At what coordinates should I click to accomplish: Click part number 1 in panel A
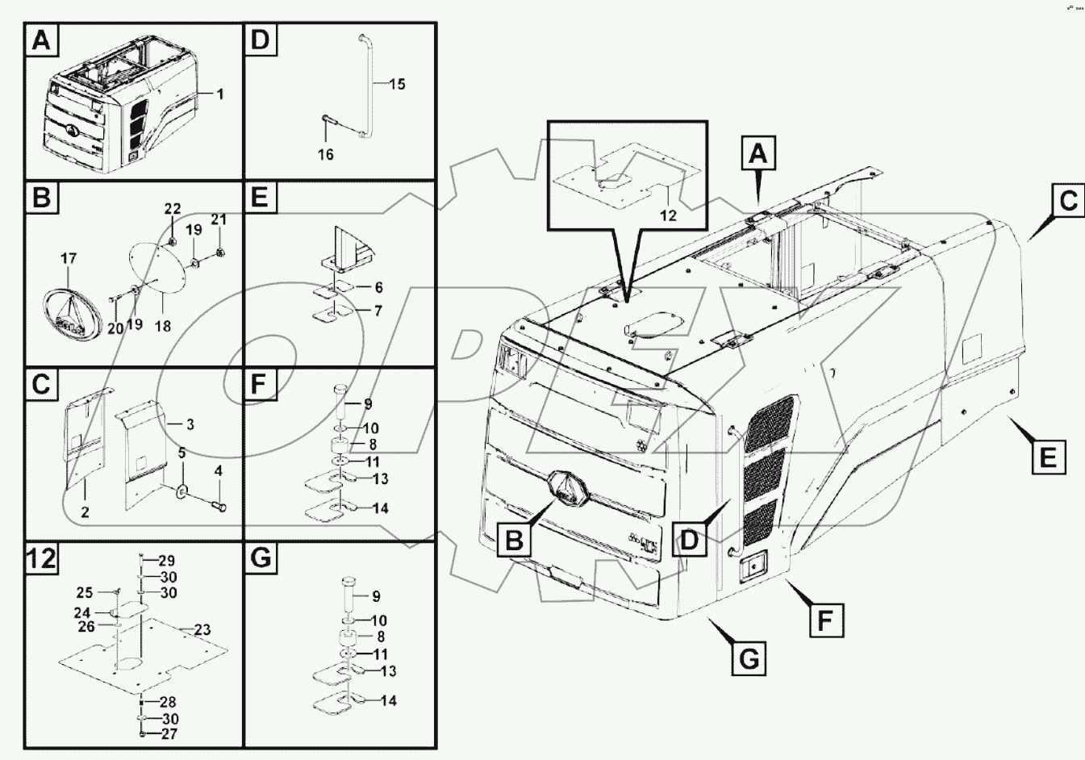click(x=220, y=94)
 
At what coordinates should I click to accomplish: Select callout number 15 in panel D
click(x=397, y=84)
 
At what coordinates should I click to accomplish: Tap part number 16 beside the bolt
click(x=325, y=153)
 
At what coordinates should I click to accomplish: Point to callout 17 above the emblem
click(x=69, y=259)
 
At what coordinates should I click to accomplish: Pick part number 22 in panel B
click(x=173, y=209)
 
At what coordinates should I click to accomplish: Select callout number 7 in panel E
click(x=378, y=311)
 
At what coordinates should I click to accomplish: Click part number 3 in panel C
click(x=190, y=424)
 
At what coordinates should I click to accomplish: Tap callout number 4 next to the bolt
click(x=218, y=470)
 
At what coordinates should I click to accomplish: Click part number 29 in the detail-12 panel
click(x=166, y=561)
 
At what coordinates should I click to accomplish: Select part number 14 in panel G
click(x=388, y=700)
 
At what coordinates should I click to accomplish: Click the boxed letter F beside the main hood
click(x=826, y=620)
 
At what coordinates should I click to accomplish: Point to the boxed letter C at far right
click(x=1068, y=201)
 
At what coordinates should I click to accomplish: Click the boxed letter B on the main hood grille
click(x=514, y=541)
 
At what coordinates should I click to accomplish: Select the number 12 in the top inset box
click(x=668, y=215)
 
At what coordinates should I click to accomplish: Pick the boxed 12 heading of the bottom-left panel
click(x=42, y=557)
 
